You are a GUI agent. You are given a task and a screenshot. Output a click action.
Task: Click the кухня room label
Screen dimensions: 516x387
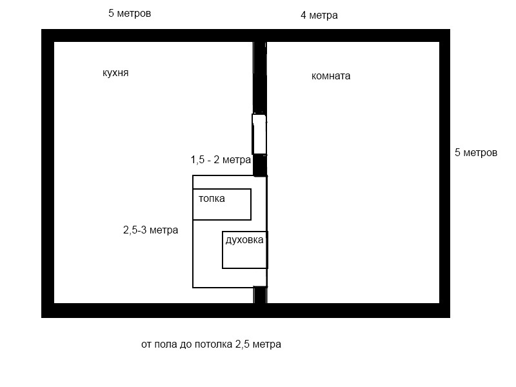[x=115, y=73]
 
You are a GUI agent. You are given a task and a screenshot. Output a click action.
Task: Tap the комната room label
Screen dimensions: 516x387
[x=331, y=76]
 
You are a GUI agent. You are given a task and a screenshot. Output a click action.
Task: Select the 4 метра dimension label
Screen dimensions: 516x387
[x=319, y=15]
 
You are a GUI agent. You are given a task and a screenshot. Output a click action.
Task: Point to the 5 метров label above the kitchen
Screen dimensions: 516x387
[x=130, y=14]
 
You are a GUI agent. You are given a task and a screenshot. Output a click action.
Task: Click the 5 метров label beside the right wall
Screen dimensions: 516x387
[x=476, y=153]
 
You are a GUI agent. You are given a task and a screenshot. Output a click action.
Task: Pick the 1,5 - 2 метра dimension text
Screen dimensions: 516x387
[x=221, y=160]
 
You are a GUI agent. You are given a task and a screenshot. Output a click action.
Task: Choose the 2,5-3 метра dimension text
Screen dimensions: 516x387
[x=151, y=230]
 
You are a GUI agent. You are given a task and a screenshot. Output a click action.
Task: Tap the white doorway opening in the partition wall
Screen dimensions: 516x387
[x=259, y=134]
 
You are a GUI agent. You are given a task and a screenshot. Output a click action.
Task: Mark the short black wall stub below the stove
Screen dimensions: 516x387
[x=260, y=295]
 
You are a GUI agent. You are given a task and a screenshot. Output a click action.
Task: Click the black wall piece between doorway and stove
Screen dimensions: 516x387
[x=260, y=165]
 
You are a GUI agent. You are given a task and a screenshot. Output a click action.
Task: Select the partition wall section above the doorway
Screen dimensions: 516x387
[x=260, y=77]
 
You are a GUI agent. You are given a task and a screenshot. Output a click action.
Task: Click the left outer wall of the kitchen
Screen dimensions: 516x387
[x=48, y=173]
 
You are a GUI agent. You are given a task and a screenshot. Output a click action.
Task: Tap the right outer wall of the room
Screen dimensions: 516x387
[x=444, y=173]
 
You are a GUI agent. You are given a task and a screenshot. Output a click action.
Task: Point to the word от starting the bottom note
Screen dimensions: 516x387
[x=146, y=344]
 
